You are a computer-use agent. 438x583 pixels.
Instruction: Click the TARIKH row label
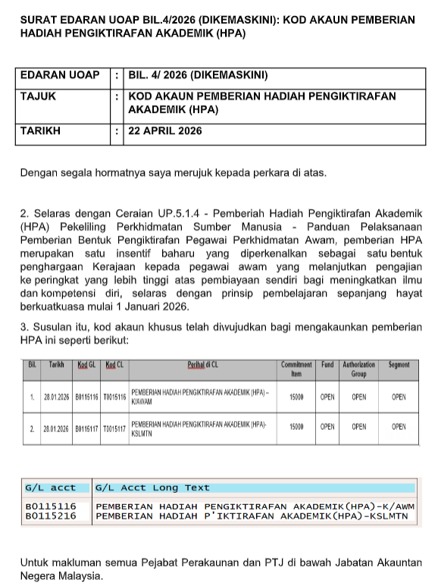point(40,130)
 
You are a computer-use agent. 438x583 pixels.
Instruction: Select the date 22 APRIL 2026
point(165,130)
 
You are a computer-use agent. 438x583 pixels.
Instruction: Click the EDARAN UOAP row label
point(60,75)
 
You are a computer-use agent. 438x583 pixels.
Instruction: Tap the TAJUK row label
point(38,96)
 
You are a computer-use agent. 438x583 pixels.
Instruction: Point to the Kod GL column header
point(87,365)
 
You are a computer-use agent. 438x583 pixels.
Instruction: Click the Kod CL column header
point(115,365)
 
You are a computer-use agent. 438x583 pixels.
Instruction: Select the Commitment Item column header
point(291,369)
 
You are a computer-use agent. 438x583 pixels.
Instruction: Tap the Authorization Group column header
point(358,369)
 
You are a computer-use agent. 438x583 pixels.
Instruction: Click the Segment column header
point(399,365)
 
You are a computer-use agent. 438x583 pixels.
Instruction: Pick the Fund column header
point(327,365)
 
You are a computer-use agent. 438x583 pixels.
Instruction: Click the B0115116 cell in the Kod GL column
point(87,397)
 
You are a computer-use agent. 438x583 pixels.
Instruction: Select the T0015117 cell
point(115,428)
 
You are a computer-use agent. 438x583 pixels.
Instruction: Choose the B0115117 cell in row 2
point(87,428)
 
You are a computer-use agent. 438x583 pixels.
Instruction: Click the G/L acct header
point(51,487)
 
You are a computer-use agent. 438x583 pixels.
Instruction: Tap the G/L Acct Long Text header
point(153,487)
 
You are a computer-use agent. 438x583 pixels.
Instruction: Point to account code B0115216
point(51,516)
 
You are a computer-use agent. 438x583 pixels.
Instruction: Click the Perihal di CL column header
point(202,365)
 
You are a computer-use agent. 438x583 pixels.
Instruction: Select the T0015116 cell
point(115,397)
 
